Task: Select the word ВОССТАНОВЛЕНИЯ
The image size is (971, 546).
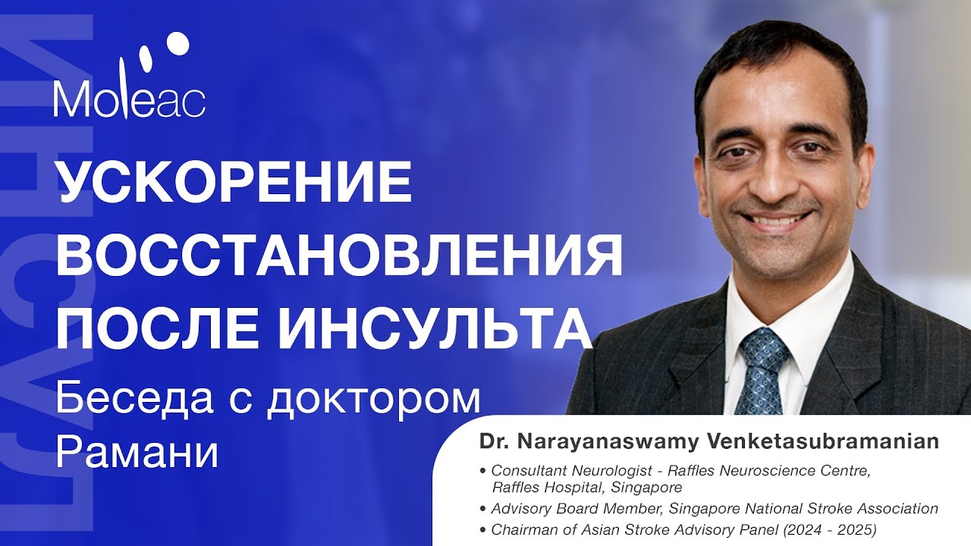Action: point(339,256)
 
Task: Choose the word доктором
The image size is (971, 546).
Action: point(376,399)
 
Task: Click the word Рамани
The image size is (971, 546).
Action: point(137,453)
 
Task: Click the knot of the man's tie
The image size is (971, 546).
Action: point(763,346)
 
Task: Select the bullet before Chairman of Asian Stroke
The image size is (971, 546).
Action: point(484,529)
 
